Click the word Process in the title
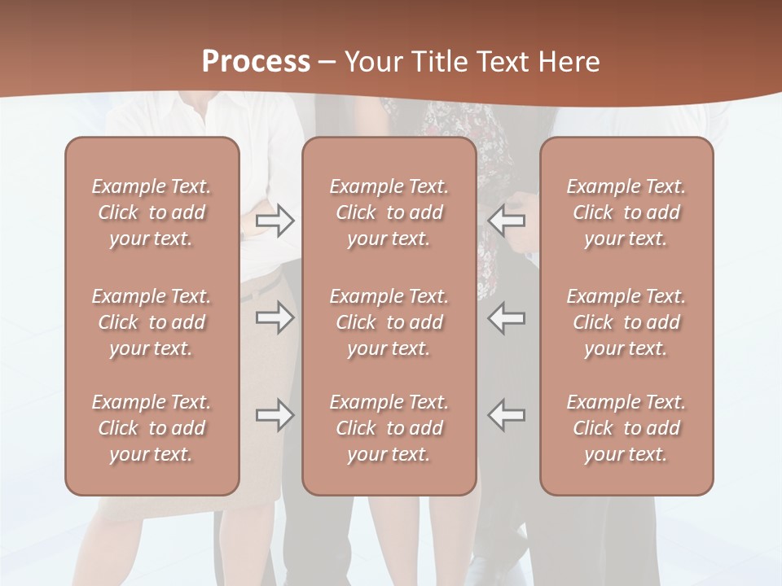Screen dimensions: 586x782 (256, 62)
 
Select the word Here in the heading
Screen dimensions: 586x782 (569, 62)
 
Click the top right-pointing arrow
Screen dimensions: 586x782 (275, 221)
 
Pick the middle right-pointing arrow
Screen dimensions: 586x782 (275, 317)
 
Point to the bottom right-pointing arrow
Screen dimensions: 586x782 (275, 415)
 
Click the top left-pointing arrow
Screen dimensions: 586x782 (507, 221)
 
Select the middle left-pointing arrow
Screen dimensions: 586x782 (507, 317)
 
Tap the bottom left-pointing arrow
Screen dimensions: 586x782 (507, 415)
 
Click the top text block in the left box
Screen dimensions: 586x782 (152, 212)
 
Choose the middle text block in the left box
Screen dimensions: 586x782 (152, 322)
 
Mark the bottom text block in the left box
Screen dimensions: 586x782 (152, 428)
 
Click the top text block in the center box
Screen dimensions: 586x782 (389, 212)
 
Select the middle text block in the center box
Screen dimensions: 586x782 (389, 322)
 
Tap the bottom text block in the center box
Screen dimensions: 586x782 (389, 428)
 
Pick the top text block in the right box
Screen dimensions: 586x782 (626, 212)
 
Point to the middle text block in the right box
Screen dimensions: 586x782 (626, 322)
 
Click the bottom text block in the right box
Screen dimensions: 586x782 (626, 428)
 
